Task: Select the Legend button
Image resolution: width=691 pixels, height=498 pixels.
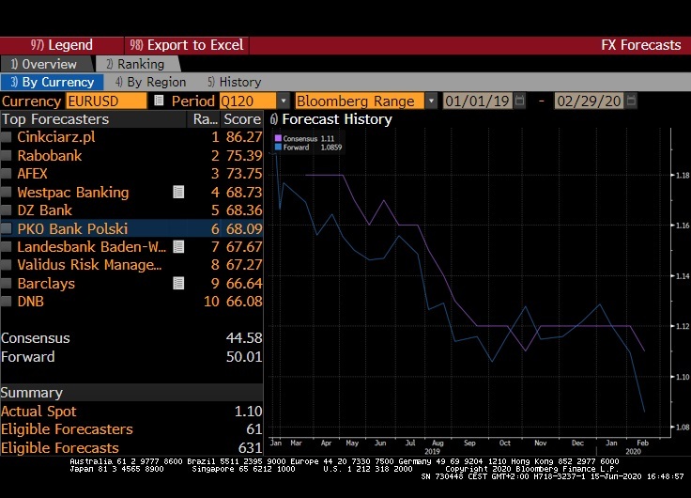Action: [x=62, y=45]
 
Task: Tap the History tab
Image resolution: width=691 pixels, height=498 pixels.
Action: [x=235, y=82]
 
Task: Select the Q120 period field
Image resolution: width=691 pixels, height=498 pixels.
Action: [x=247, y=101]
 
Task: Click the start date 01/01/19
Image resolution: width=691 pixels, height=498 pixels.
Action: [x=478, y=101]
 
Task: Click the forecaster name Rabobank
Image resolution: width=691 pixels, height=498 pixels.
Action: [x=49, y=155]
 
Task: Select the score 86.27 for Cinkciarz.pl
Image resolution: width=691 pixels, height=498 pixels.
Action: [x=243, y=137]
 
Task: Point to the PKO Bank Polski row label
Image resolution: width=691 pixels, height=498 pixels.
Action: [x=72, y=228]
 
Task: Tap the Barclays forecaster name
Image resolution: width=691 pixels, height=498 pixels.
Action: [x=46, y=283]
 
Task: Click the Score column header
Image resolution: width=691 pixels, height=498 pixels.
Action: [x=242, y=119]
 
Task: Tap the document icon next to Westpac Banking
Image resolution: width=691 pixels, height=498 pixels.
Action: [x=177, y=192]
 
